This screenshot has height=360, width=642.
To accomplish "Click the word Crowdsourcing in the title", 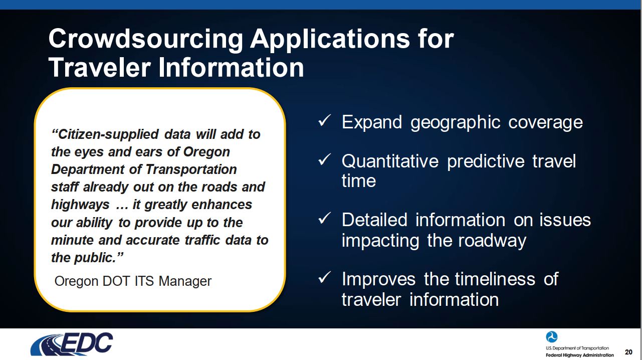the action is coord(146,39).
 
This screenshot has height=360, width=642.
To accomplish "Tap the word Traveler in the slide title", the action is coord(100,68).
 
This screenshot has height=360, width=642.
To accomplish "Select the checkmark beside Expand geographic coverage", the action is coord(325,120).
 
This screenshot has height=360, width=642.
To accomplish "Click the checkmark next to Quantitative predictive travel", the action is coord(325,159).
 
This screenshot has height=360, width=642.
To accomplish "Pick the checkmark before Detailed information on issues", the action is coord(325,219).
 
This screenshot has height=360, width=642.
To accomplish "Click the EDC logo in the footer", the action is coord(72,344).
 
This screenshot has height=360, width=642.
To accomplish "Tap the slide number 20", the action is coord(628,352).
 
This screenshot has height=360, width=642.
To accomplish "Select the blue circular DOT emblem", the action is coord(551,337).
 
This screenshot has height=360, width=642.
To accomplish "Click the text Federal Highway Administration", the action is coord(580,355).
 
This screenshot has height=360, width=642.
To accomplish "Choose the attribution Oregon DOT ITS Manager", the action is coord(133,281).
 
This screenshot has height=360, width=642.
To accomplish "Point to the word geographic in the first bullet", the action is coord(456,123).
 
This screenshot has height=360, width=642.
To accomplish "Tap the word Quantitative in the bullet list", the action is coord(390,161).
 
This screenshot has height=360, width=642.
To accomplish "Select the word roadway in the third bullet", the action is coord(492,241).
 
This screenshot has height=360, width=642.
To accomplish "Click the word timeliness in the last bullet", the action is coord(495,279).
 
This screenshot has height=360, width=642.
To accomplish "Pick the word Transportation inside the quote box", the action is coord(191,169).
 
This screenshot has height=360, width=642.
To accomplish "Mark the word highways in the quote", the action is coord(80,205).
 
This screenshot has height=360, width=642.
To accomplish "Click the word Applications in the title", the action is coord(330,40).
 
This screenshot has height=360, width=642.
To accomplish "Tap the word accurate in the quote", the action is coord(153,240).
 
